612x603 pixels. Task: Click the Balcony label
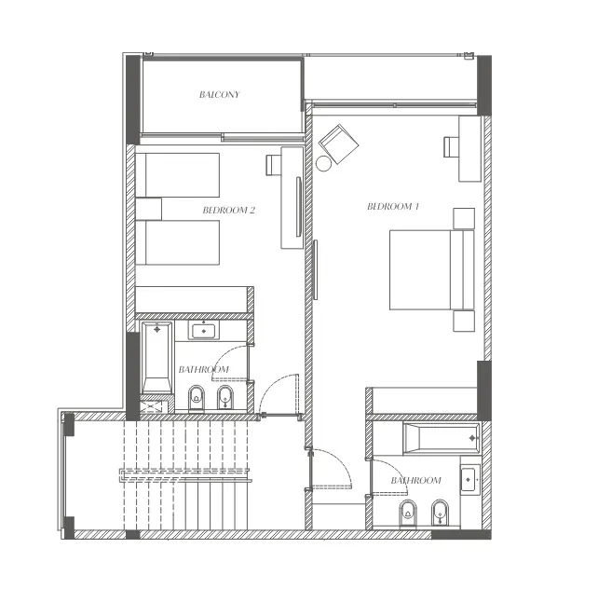click(220, 95)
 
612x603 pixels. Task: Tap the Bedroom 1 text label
click(392, 206)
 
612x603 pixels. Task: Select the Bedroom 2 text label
click(228, 211)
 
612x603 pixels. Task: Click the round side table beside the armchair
click(323, 164)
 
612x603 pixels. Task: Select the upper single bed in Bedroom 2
click(178, 174)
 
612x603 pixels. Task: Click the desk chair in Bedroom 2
click(273, 165)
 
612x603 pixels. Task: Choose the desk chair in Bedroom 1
click(452, 146)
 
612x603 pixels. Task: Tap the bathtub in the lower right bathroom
click(442, 435)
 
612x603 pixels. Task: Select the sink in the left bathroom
click(204, 331)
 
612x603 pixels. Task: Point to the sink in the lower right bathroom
click(469, 480)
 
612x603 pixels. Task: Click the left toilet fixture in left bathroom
click(197, 399)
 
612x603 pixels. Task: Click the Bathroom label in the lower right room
click(415, 481)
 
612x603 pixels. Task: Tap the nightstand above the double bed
click(463, 218)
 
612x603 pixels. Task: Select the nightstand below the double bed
click(463, 321)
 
